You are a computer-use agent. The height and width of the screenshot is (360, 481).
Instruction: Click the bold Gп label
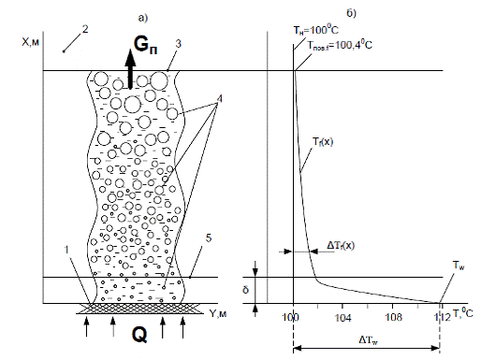coord(145,46)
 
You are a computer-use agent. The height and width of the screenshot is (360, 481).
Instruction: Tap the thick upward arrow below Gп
coord(130,69)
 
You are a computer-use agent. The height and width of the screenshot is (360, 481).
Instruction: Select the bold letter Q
coord(139,335)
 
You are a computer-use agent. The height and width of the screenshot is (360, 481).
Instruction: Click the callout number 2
coord(85,29)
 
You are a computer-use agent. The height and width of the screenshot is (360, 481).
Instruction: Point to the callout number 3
coord(178,44)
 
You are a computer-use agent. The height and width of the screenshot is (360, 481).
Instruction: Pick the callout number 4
coord(220,99)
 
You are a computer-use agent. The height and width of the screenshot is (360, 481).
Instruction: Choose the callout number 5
coord(209,238)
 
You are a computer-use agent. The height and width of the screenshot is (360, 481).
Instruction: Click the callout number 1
coord(66,250)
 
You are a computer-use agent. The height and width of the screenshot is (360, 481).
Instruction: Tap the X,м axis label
coord(31,42)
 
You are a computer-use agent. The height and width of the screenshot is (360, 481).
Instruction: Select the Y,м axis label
coord(217,313)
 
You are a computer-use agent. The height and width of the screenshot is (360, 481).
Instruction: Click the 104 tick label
coord(343,318)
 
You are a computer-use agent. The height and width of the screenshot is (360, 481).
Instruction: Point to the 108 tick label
coord(393,318)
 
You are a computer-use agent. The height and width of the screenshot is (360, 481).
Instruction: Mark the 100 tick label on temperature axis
coord(290,318)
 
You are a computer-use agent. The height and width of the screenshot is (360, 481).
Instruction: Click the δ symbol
coord(246,290)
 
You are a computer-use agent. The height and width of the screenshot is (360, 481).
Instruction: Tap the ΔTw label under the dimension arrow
coord(369,340)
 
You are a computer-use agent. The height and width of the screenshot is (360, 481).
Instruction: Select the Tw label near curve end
coord(459,266)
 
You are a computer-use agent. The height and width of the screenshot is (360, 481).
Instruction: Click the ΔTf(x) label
coord(341,245)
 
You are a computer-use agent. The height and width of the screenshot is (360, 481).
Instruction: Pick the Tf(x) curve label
coord(323,142)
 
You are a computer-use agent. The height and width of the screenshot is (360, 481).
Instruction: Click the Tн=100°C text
coord(315,30)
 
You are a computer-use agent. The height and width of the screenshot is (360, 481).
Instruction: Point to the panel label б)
coord(351,13)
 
